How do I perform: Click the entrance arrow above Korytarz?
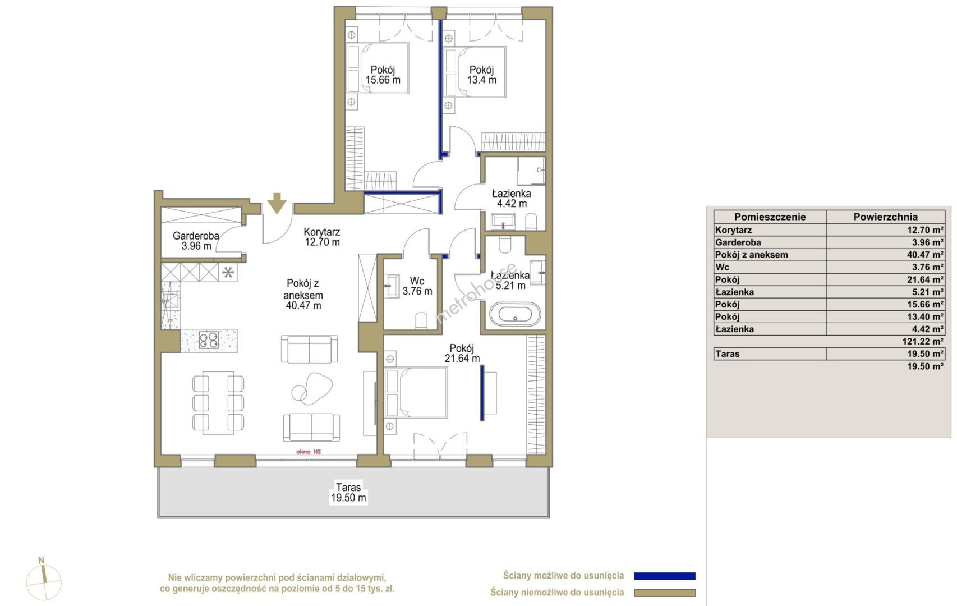coord(277,203)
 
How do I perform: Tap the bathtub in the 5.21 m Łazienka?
coord(515,314)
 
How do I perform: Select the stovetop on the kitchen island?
coord(209,340)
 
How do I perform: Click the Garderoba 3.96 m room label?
coord(196,241)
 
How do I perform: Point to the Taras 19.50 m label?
coord(348,492)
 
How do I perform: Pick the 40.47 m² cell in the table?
coord(926,255)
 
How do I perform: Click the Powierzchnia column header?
coord(885,217)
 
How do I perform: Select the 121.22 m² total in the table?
coord(923,342)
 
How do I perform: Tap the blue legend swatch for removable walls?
coord(665,576)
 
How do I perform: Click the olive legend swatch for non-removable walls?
coord(665,593)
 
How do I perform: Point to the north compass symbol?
coord(44,579)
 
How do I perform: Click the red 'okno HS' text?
coord(309,452)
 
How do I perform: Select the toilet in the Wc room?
coord(421,320)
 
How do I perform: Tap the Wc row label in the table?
coord(722,267)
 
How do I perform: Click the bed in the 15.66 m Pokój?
coord(377,68)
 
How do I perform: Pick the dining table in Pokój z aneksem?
coord(218,403)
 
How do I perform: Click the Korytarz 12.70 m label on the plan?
coord(322,237)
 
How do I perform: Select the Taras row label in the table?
coord(728,354)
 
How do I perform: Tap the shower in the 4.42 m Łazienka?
coord(531,171)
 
